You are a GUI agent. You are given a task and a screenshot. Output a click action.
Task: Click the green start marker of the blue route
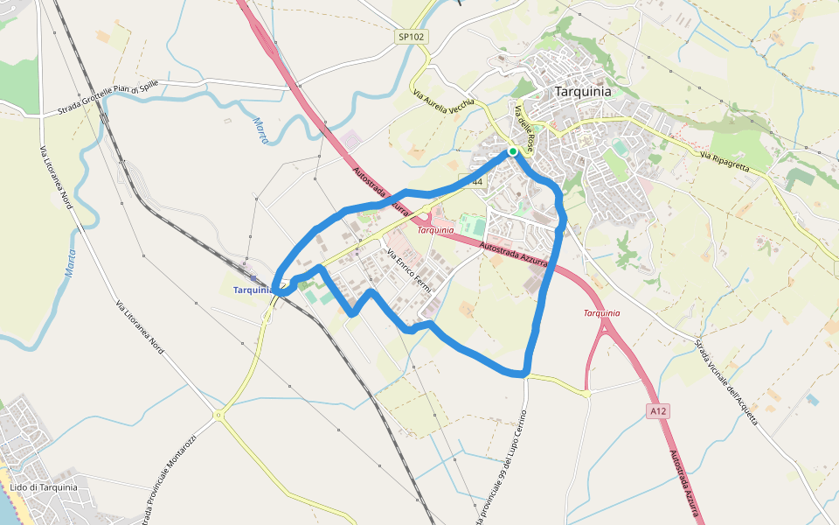[x=513, y=151]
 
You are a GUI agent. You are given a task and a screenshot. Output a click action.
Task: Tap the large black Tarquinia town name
[x=583, y=91]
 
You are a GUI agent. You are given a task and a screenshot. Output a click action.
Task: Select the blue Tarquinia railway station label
[x=253, y=290]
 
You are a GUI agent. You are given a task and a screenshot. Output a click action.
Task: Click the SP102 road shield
[x=411, y=38]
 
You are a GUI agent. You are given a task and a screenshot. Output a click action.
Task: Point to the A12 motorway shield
[x=658, y=409]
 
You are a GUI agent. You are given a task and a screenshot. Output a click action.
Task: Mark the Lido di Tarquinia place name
[x=44, y=487]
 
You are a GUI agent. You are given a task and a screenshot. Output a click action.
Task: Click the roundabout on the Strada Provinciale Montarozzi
[x=217, y=414]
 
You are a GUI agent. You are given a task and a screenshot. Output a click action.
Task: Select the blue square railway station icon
[x=253, y=278]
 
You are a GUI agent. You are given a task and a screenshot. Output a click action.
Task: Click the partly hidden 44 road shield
[x=475, y=181]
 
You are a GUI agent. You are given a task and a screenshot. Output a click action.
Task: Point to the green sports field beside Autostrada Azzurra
[x=473, y=225]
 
